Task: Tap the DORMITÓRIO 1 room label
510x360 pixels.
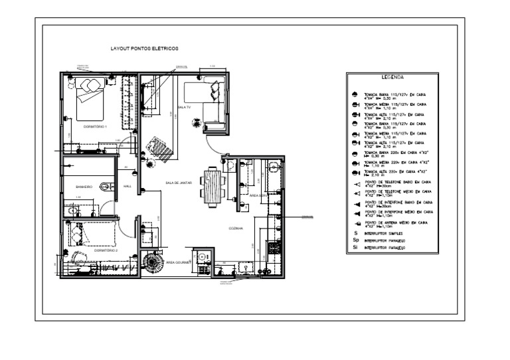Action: click(x=95, y=126)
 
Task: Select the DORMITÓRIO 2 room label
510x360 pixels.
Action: click(x=106, y=250)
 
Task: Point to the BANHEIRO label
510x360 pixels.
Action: click(x=84, y=188)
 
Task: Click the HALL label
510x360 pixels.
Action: click(x=127, y=187)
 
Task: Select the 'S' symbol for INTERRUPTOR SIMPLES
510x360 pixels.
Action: click(x=356, y=234)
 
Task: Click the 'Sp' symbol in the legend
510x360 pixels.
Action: click(x=357, y=240)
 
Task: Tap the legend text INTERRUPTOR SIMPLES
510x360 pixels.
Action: click(x=386, y=234)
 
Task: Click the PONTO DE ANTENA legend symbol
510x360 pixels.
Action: click(x=357, y=225)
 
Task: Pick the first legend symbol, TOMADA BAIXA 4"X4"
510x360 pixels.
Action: click(x=356, y=96)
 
